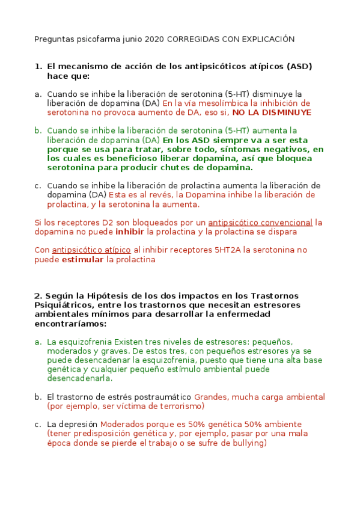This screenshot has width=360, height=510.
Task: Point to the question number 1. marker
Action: pos(38,66)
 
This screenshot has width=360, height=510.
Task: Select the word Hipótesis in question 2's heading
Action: pos(107,295)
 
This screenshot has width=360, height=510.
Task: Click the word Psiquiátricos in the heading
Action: pos(60,305)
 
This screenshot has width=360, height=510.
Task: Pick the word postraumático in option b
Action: pos(163,397)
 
